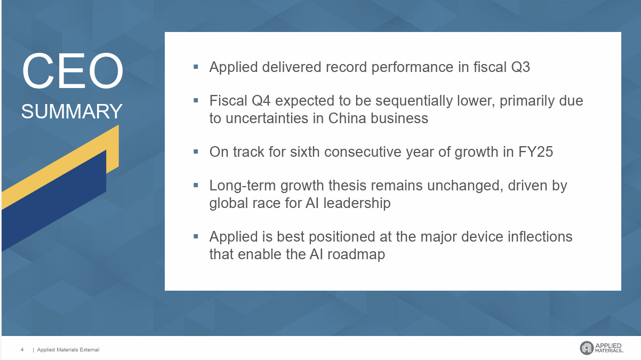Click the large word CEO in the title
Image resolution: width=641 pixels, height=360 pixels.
73,71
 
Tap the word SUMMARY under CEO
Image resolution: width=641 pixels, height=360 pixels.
72,111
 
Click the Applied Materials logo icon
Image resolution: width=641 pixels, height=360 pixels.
586,348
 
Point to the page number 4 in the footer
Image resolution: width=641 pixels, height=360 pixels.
22,350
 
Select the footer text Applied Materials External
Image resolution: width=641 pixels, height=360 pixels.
68,350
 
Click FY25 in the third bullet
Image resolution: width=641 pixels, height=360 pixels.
535,152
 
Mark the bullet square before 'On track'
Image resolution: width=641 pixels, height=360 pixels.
196,151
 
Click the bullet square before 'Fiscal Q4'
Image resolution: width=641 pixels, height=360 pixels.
196,100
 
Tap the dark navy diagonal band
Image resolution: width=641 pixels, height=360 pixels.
53,203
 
